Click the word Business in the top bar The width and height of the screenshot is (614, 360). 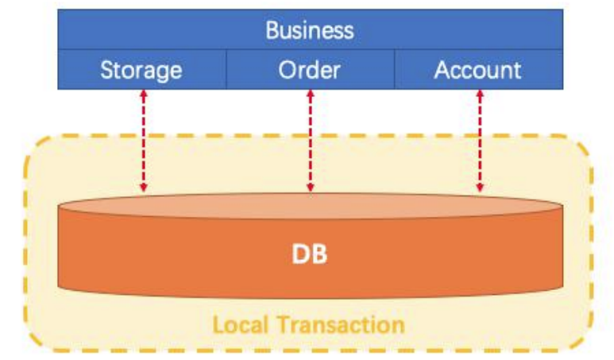[310, 30]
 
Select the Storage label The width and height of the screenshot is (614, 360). [141, 70]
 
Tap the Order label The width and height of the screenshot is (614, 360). [309, 70]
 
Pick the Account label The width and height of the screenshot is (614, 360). [477, 70]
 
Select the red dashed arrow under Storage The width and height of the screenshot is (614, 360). [143, 141]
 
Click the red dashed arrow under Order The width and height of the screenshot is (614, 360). [310, 141]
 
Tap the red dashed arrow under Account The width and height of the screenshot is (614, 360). [479, 141]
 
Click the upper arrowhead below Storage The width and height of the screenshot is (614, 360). [143, 95]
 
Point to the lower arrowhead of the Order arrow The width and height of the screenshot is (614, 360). [310, 188]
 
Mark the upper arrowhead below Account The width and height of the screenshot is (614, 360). [479, 95]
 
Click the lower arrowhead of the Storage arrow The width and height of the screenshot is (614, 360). [143, 188]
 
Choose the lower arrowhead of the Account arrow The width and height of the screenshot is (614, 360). [479, 188]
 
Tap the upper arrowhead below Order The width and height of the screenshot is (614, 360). [310, 95]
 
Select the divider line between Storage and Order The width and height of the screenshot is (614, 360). [226, 69]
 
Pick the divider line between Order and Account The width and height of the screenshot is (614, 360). [394, 69]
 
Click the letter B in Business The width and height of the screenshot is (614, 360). [272, 30]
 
